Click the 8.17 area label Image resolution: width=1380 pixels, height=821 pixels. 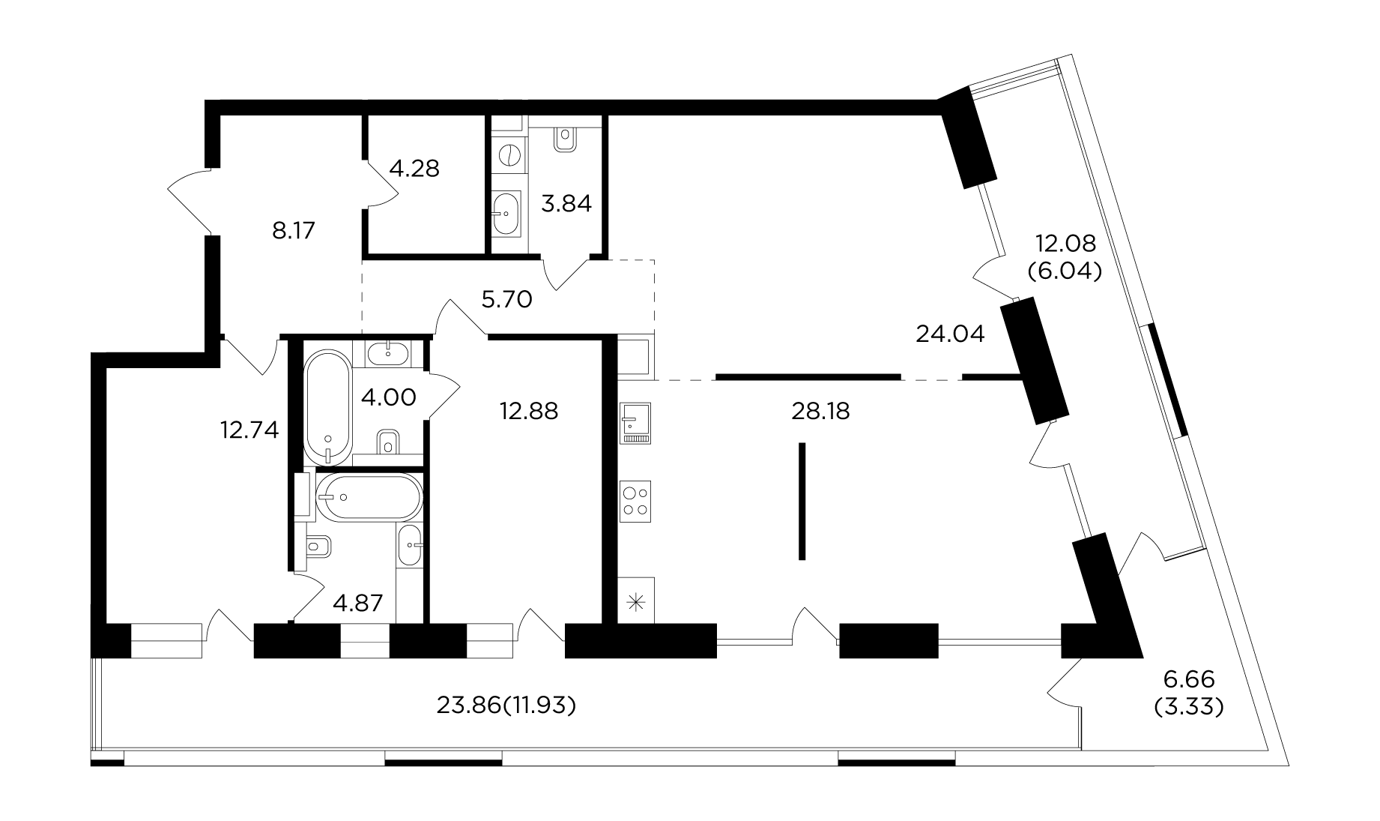[294, 230]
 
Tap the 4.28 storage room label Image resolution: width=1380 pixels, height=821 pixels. [414, 168]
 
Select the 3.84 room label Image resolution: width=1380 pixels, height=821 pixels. [566, 203]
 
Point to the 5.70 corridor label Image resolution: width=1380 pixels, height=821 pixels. [507, 300]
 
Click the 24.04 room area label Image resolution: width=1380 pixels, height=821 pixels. [950, 334]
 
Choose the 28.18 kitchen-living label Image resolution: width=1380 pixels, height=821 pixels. [820, 411]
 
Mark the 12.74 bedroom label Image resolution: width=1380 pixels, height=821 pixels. [249, 430]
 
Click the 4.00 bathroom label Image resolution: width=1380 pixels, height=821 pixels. [388, 397]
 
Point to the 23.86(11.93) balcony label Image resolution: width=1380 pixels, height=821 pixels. [506, 706]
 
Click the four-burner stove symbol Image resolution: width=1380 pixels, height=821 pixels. [636, 501]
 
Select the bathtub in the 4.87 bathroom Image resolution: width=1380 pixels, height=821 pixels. [369, 496]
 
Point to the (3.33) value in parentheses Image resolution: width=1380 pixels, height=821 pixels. [1189, 706]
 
